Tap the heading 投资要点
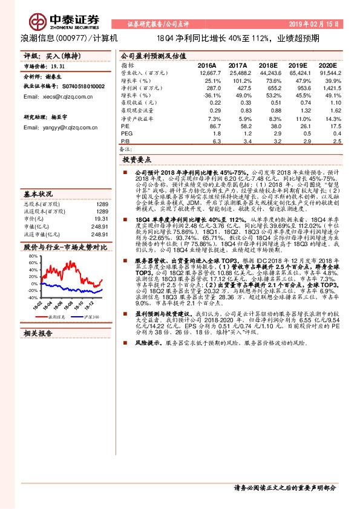137,161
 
